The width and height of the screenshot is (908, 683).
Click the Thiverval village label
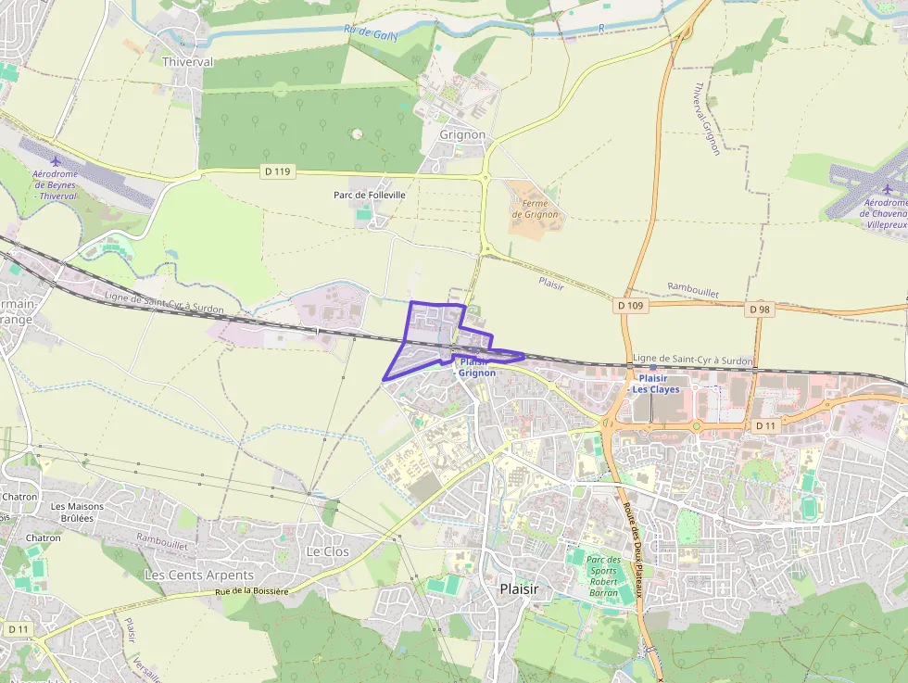click(x=187, y=62)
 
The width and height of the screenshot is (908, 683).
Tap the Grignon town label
click(x=462, y=134)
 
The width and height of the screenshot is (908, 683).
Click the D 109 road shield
click(x=629, y=304)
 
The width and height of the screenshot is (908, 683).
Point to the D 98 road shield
click(x=760, y=309)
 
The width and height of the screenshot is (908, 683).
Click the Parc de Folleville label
click(x=370, y=196)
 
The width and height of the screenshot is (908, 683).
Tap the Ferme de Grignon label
click(x=536, y=209)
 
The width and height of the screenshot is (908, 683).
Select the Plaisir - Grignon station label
click(x=477, y=367)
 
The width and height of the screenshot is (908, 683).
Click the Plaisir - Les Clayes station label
click(x=654, y=384)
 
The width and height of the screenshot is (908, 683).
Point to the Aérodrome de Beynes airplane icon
click(x=55, y=161)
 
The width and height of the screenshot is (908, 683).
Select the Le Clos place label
click(x=328, y=550)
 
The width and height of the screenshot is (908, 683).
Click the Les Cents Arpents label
click(x=199, y=575)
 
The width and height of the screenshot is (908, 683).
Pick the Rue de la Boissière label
click(x=251, y=590)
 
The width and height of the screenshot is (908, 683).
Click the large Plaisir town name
click(x=519, y=588)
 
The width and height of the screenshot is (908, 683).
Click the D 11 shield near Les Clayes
click(x=765, y=425)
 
